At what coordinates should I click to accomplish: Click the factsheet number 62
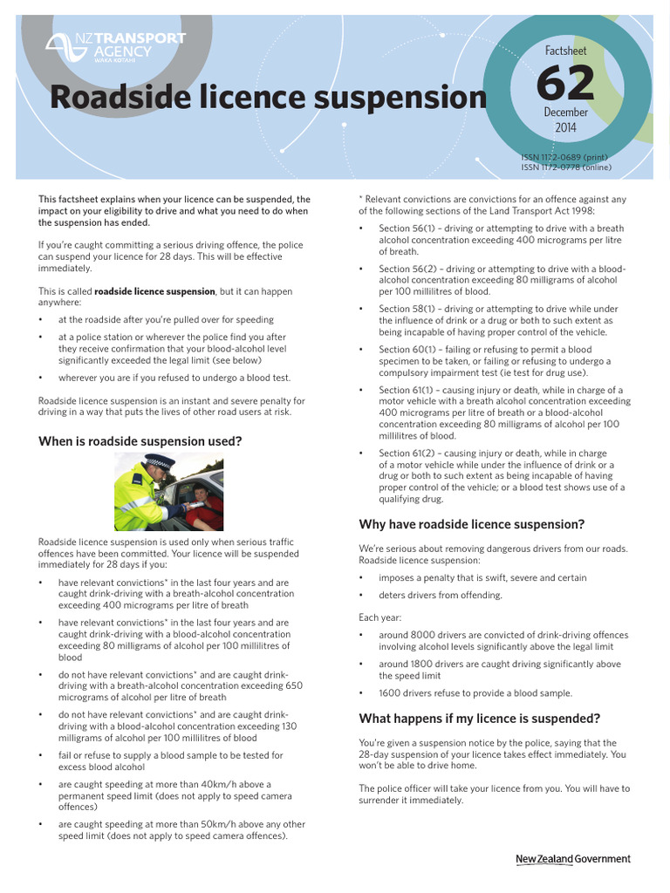point(564,84)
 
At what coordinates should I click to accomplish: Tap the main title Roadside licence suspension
point(268,98)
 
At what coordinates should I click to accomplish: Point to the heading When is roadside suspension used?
point(140,441)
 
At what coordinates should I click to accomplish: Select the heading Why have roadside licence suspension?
point(471,524)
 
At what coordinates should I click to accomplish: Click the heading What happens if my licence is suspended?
point(480,719)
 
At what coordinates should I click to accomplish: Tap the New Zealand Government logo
point(572,859)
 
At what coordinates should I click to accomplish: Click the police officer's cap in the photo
point(160,460)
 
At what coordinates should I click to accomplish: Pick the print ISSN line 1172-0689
point(564,159)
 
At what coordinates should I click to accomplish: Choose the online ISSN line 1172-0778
point(564,167)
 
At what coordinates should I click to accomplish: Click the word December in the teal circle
point(565,112)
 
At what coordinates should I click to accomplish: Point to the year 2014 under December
point(565,128)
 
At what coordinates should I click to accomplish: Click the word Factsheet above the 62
point(564,51)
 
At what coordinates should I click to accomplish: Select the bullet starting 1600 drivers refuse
point(475,693)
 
